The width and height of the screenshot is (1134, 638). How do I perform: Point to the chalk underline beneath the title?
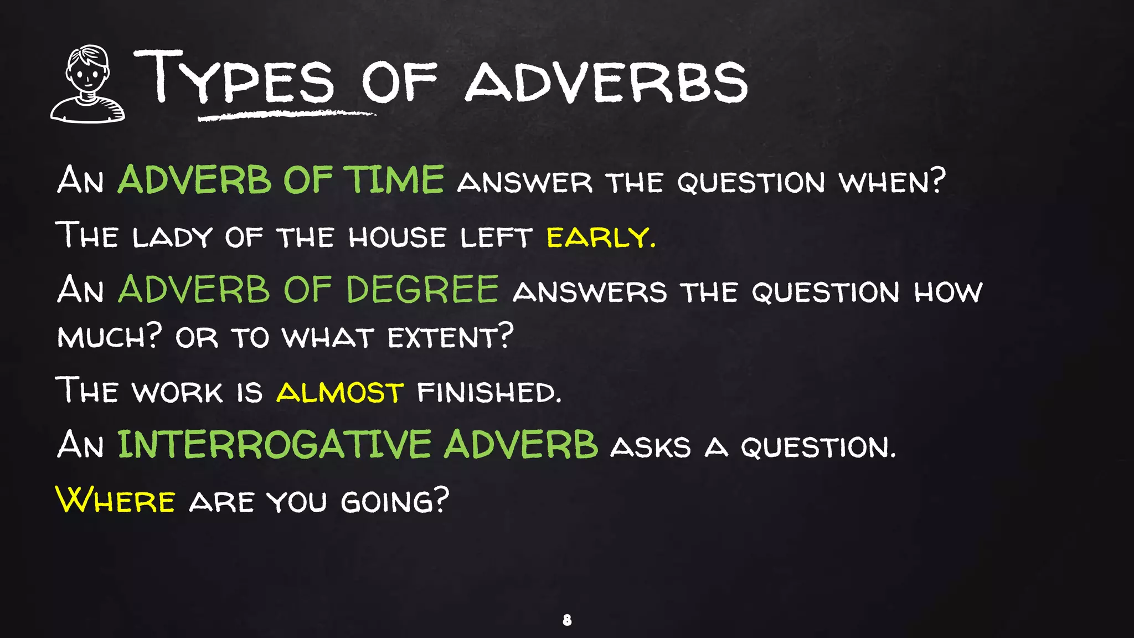(x=287, y=115)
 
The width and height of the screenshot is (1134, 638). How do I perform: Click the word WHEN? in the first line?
(x=892, y=181)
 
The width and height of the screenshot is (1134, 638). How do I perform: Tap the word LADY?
(x=172, y=237)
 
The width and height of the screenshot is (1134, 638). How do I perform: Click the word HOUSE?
(x=397, y=237)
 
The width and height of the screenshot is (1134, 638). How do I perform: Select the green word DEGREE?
(x=422, y=290)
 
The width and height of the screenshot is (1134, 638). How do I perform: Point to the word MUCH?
(x=110, y=336)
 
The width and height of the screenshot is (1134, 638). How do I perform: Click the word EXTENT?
(x=450, y=336)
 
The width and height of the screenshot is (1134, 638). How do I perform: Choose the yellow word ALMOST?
(x=340, y=392)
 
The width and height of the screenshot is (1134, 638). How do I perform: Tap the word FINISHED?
(x=489, y=392)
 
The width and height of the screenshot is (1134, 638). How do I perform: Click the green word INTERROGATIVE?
(x=275, y=445)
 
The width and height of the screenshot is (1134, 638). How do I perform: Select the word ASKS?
(x=650, y=446)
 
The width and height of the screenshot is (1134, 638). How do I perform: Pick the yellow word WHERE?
(x=116, y=500)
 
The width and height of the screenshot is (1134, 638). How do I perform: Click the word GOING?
(x=394, y=501)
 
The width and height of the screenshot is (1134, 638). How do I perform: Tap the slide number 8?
(x=567, y=620)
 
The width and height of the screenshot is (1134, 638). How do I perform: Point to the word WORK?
(x=177, y=392)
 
